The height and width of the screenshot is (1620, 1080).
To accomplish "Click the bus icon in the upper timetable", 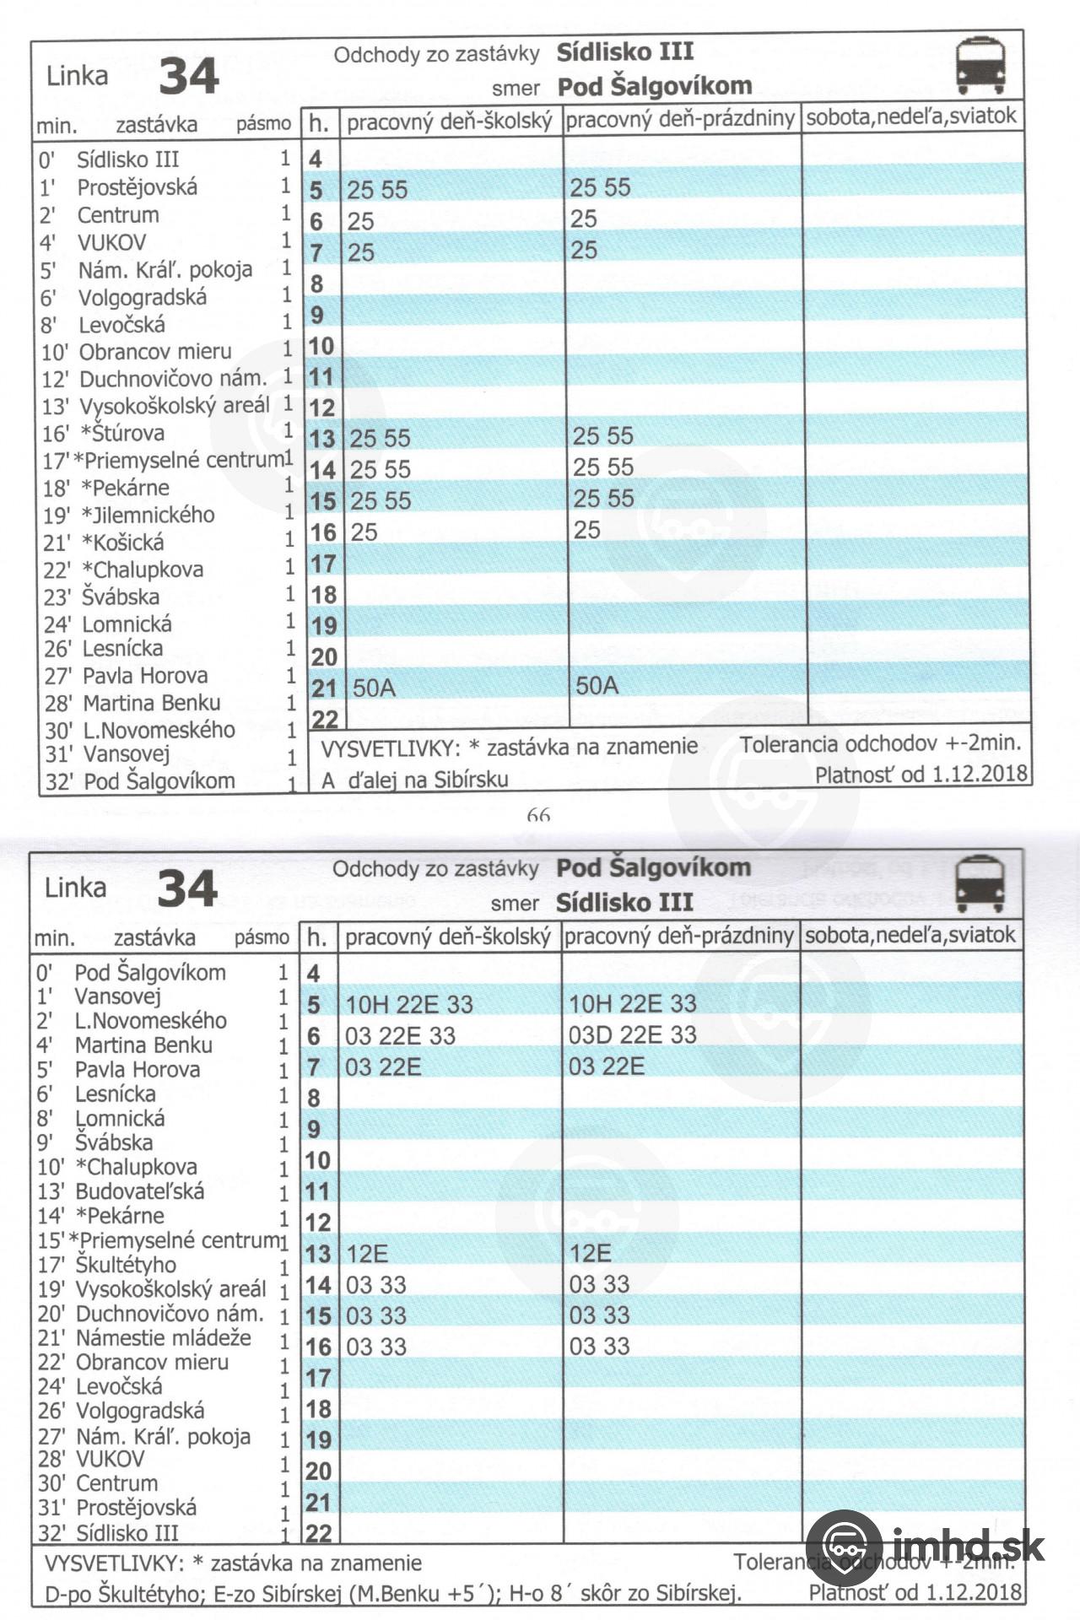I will coord(980,65).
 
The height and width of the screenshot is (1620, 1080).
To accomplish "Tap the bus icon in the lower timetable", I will coord(980,883).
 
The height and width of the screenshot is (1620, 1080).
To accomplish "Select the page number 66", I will coord(538,815).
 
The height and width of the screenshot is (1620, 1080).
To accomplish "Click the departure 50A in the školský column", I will coord(374,688).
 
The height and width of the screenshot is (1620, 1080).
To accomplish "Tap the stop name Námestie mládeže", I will coord(164,1338).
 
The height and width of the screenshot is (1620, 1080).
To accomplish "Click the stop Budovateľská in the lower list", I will coord(140,1191).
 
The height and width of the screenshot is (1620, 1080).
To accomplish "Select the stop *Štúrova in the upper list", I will coord(122,434).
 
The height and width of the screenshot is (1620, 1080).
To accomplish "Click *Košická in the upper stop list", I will coord(123,543).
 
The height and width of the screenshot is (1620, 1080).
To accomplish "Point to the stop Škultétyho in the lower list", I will coord(126,1265).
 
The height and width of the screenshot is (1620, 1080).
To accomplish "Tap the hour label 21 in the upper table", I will coord(323,688).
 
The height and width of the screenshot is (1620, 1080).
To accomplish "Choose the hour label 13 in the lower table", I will coord(317,1254).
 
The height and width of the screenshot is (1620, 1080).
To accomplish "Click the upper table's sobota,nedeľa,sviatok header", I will coord(911,116).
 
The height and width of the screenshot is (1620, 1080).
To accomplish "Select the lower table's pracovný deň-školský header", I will coord(448,937).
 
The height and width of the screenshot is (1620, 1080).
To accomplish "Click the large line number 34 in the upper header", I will coord(188,76).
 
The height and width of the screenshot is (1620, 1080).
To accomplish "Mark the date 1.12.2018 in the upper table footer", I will coord(980,774).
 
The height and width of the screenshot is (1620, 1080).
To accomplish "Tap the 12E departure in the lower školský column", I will coord(367,1254).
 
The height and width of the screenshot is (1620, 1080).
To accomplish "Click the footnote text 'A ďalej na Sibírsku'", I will coord(415,780).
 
